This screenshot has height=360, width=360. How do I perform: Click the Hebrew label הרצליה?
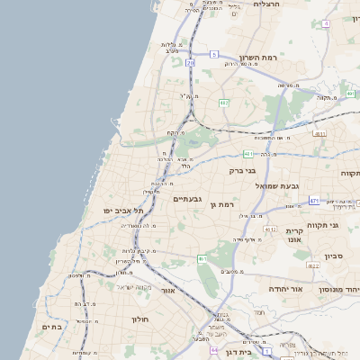[267, 4]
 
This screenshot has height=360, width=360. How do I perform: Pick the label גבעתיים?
[187, 199]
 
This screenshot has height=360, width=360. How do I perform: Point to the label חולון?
[139, 319]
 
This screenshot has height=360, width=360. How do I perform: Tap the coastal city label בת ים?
[52, 327]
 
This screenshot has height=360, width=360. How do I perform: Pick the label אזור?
[166, 291]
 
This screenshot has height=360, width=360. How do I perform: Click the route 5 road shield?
[214, 55]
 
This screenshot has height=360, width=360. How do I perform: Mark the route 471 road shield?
[313, 200]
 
